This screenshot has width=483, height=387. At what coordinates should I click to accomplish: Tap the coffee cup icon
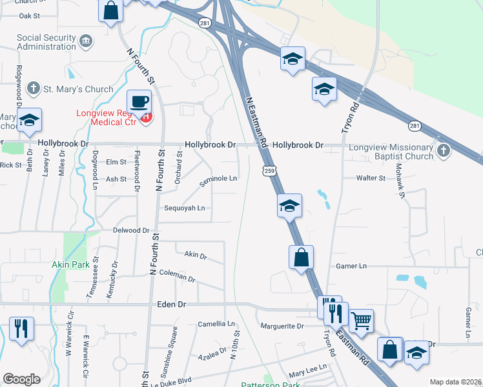tap(139, 102)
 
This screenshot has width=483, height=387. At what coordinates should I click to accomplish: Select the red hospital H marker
tap(147, 117)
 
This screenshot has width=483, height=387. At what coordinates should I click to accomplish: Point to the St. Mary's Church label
tap(77, 89)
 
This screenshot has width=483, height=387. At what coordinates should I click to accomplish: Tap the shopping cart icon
tap(361, 319)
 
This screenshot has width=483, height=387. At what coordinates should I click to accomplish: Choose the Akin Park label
tap(71, 264)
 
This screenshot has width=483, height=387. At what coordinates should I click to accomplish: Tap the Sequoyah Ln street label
tap(184, 208)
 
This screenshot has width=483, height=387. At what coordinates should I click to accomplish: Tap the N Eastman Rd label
tap(257, 122)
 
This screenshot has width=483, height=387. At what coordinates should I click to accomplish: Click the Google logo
tap(21, 379)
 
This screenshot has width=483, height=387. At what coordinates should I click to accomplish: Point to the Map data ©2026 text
tap(455, 382)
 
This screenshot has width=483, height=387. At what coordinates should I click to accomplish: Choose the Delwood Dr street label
tap(131, 230)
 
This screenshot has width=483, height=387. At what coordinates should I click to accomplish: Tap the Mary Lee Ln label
tap(307, 373)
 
